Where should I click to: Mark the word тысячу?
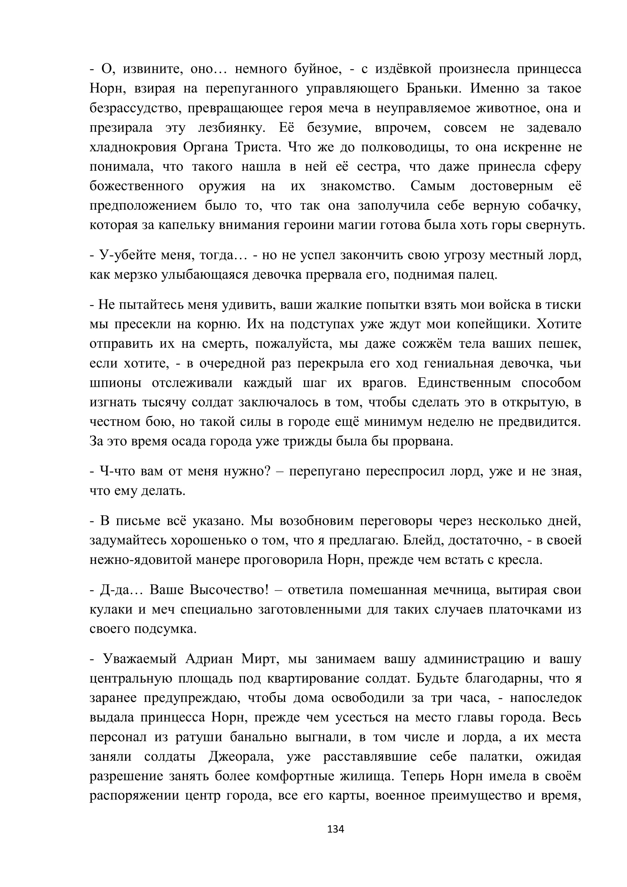coord(165,402)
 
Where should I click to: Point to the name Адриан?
coord(209,659)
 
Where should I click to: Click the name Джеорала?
coord(241,757)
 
